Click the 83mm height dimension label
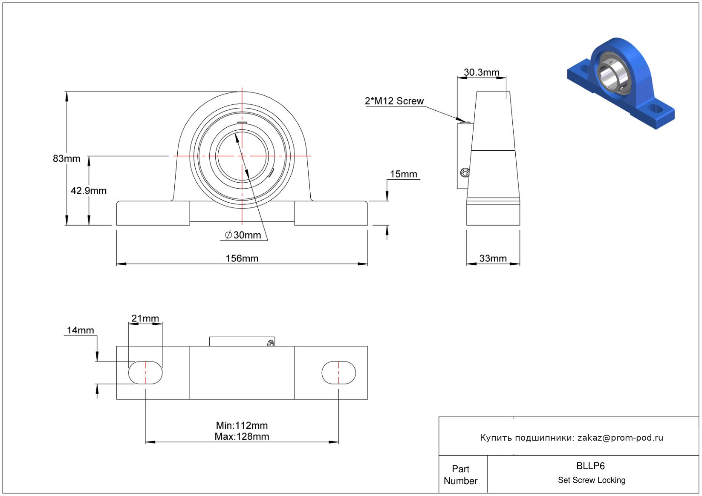[66, 158]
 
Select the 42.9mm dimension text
[88, 191]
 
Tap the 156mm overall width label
[242, 258]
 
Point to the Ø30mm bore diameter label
[243, 235]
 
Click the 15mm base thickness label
[403, 174]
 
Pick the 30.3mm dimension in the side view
[481, 72]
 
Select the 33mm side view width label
[493, 258]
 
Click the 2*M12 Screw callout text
[394, 101]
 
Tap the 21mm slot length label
[145, 318]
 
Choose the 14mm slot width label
[80, 330]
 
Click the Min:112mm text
[242, 425]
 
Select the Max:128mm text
[242, 436]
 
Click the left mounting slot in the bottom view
[145, 373]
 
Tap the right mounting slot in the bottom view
[339, 373]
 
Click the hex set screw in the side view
[465, 172]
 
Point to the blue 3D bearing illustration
[621, 83]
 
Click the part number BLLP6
[590, 466]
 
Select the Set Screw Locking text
[592, 480]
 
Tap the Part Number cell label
[460, 475]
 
